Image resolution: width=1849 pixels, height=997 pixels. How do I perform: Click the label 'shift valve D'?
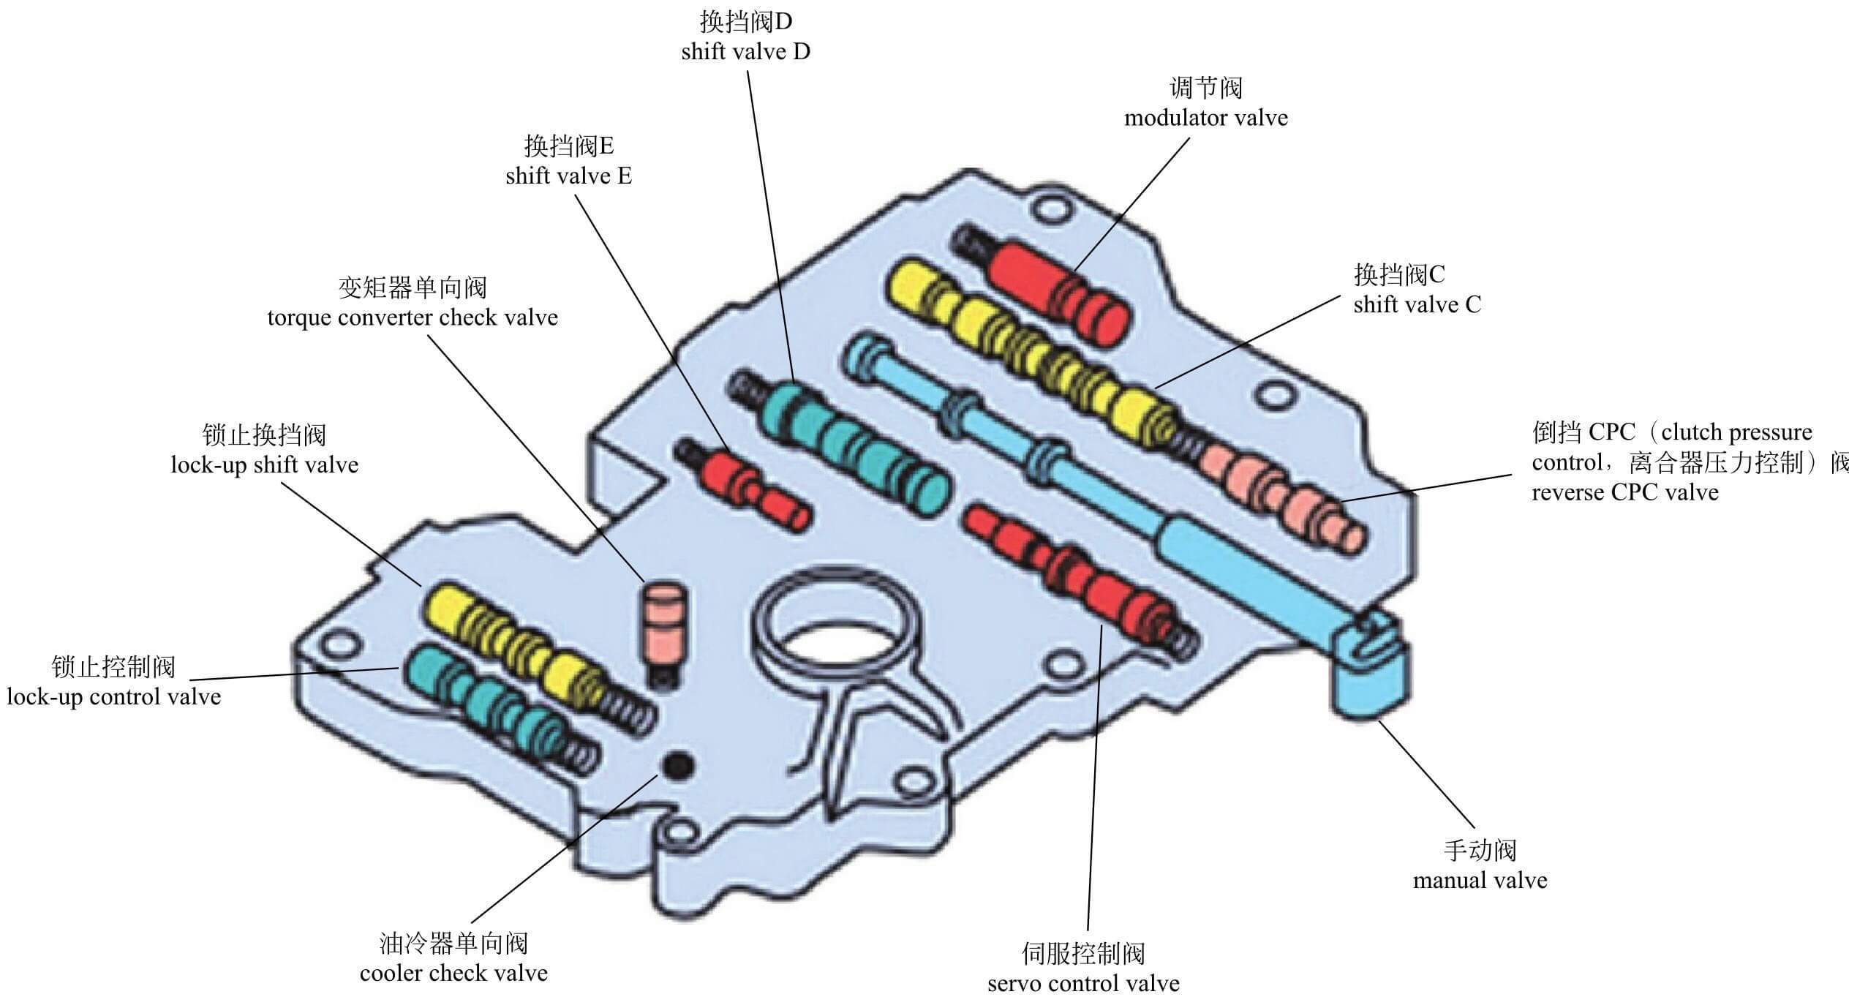click(x=745, y=53)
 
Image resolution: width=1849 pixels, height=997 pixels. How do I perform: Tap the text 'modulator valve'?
click(x=1205, y=118)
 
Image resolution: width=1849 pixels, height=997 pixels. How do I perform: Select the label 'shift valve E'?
click(x=568, y=176)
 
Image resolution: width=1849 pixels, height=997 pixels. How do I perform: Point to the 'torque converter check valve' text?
click(x=413, y=318)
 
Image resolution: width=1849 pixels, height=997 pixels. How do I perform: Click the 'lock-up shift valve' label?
click(x=265, y=465)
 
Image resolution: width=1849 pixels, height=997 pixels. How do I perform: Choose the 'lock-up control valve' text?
click(x=114, y=696)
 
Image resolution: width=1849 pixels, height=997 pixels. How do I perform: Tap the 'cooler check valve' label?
click(x=453, y=974)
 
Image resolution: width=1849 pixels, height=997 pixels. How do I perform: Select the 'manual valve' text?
click(x=1480, y=880)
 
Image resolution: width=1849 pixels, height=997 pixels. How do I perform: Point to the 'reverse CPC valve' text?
click(x=1625, y=492)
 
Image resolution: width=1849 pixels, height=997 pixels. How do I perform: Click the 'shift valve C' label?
click(x=1417, y=305)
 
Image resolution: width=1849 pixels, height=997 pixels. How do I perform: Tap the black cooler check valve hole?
click(x=677, y=765)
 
